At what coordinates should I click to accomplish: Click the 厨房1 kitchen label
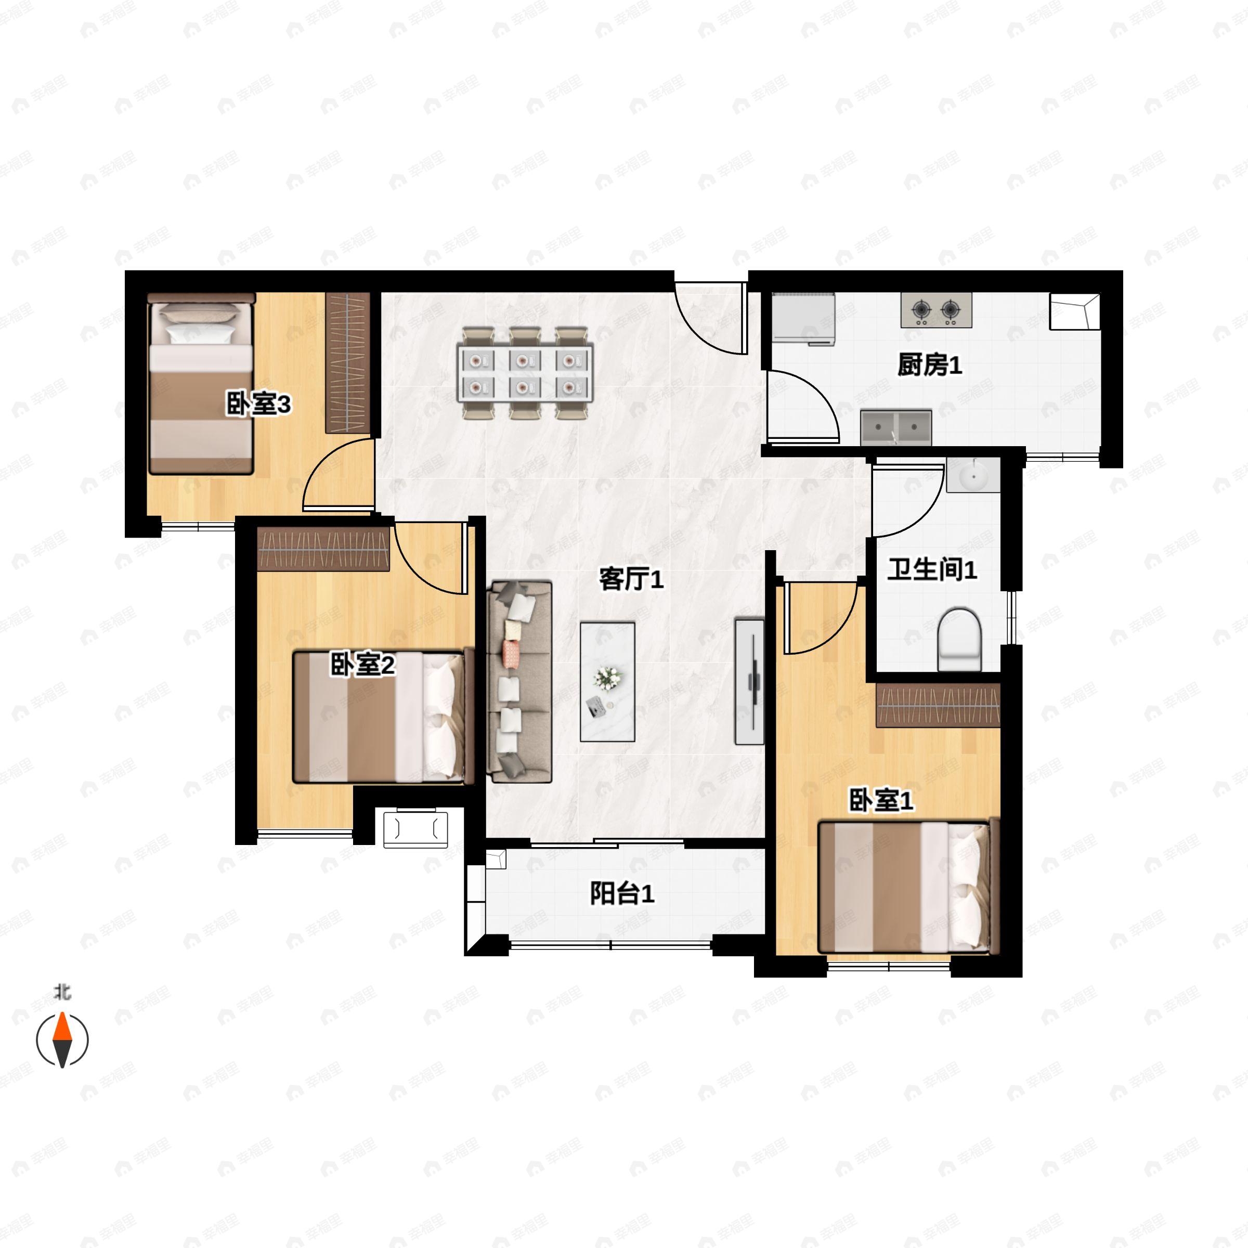click(930, 366)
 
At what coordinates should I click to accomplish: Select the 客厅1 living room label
click(631, 579)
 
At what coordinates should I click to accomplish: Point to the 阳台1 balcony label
click(622, 893)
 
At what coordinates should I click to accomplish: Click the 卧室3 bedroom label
click(258, 405)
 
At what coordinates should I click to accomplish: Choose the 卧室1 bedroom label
click(880, 801)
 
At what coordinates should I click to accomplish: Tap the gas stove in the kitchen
click(936, 311)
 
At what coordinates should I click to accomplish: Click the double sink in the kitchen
click(896, 427)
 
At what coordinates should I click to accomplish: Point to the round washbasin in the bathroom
click(973, 477)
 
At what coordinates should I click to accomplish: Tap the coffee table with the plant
click(607, 682)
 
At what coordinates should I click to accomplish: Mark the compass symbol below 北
click(62, 1041)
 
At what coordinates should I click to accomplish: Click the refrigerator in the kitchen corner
click(803, 317)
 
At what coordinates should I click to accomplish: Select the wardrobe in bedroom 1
click(938, 706)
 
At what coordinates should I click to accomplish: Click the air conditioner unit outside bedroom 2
click(415, 829)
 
